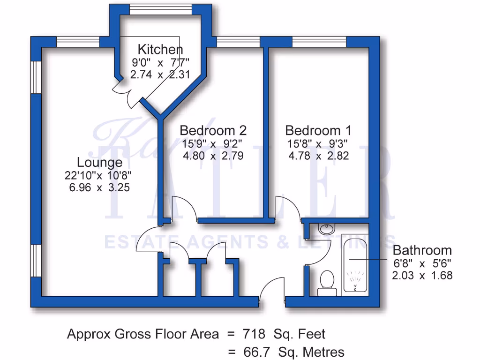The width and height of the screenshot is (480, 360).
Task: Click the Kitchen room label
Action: click(160, 49)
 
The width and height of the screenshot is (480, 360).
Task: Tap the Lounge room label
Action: click(99, 163)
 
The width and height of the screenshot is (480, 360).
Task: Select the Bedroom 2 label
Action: click(213, 130)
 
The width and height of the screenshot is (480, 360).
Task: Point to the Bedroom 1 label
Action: click(318, 130)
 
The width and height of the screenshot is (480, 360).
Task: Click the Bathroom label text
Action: click(422, 250)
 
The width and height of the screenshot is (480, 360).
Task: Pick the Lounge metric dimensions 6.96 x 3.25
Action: click(98, 187)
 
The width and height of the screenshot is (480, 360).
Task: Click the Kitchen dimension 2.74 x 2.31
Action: click(160, 74)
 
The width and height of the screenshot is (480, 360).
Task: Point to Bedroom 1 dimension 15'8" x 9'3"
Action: click(318, 143)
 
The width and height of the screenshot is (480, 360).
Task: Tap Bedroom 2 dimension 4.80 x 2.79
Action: click(213, 156)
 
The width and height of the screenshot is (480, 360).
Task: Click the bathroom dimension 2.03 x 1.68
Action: click(422, 276)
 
